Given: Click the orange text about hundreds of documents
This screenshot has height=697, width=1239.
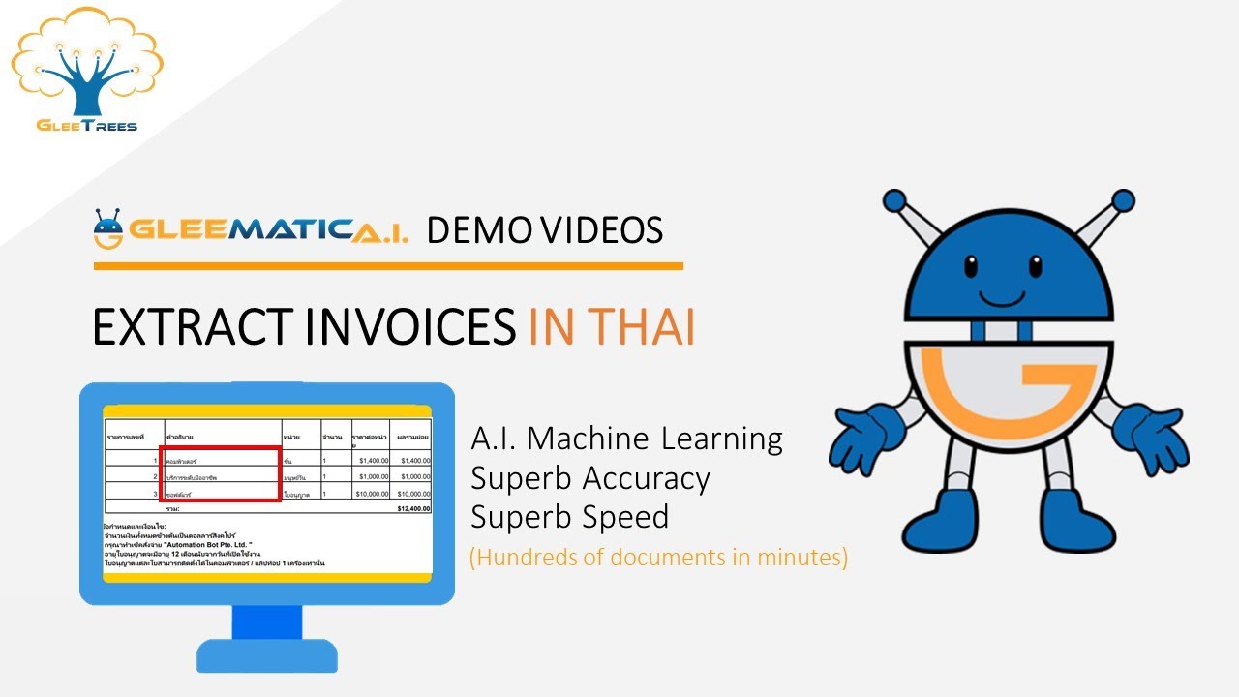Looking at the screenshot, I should (x=658, y=559).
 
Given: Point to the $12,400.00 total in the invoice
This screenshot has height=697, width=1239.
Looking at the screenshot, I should (x=413, y=507).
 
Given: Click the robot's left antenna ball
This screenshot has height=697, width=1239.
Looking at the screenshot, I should (x=893, y=201).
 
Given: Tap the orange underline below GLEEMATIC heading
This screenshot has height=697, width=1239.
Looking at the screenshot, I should (x=387, y=265).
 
